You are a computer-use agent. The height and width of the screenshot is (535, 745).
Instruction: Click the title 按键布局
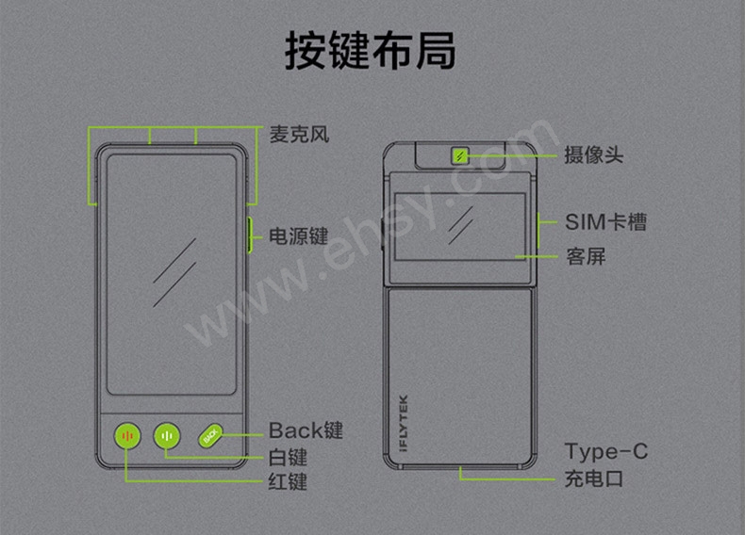point(372,52)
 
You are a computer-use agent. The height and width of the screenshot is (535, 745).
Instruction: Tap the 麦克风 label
point(299,134)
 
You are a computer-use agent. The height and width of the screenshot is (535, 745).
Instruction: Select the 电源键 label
point(299,235)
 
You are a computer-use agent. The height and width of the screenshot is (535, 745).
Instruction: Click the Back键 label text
point(306,431)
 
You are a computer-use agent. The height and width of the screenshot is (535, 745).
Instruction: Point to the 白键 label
point(288,458)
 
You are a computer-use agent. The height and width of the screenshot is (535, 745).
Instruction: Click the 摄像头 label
point(593,154)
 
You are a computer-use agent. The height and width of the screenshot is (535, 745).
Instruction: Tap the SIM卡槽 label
point(605,222)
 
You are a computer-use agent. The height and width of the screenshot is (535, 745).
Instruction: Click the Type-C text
point(605,452)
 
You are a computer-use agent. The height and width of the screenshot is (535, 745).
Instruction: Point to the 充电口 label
point(593,478)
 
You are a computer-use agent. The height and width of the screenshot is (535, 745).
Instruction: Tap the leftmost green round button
point(127,436)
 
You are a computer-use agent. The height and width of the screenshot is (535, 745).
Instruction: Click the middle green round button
point(167,436)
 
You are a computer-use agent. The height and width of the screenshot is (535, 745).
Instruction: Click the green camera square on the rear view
point(461,154)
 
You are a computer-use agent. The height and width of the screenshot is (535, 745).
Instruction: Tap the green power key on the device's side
point(249,235)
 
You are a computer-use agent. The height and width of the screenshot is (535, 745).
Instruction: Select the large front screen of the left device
point(174,273)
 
